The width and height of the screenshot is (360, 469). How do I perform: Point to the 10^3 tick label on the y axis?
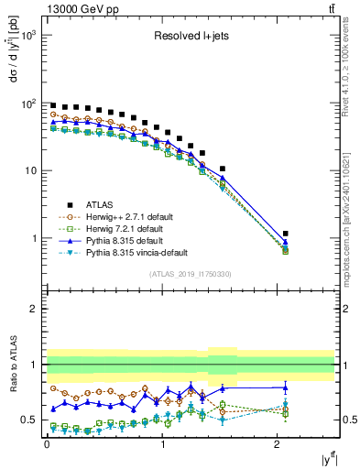point(27,36)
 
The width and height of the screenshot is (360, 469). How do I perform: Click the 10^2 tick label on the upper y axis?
point(27,104)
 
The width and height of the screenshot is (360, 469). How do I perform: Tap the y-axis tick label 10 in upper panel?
point(30,171)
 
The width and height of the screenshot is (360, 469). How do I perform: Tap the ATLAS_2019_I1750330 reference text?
point(191,274)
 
